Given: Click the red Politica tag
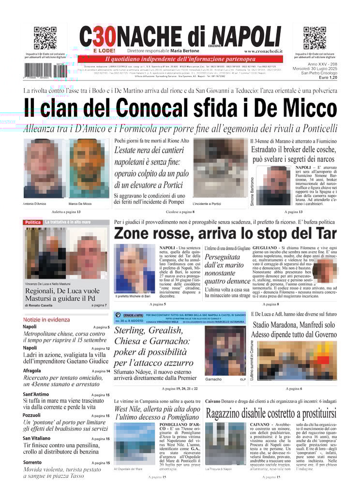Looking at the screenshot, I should pyautogui.click(x=32, y=222).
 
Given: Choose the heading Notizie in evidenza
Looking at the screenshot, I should pyautogui.click(x=46, y=320).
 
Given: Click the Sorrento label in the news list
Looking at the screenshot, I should pyautogui.click(x=32, y=463).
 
